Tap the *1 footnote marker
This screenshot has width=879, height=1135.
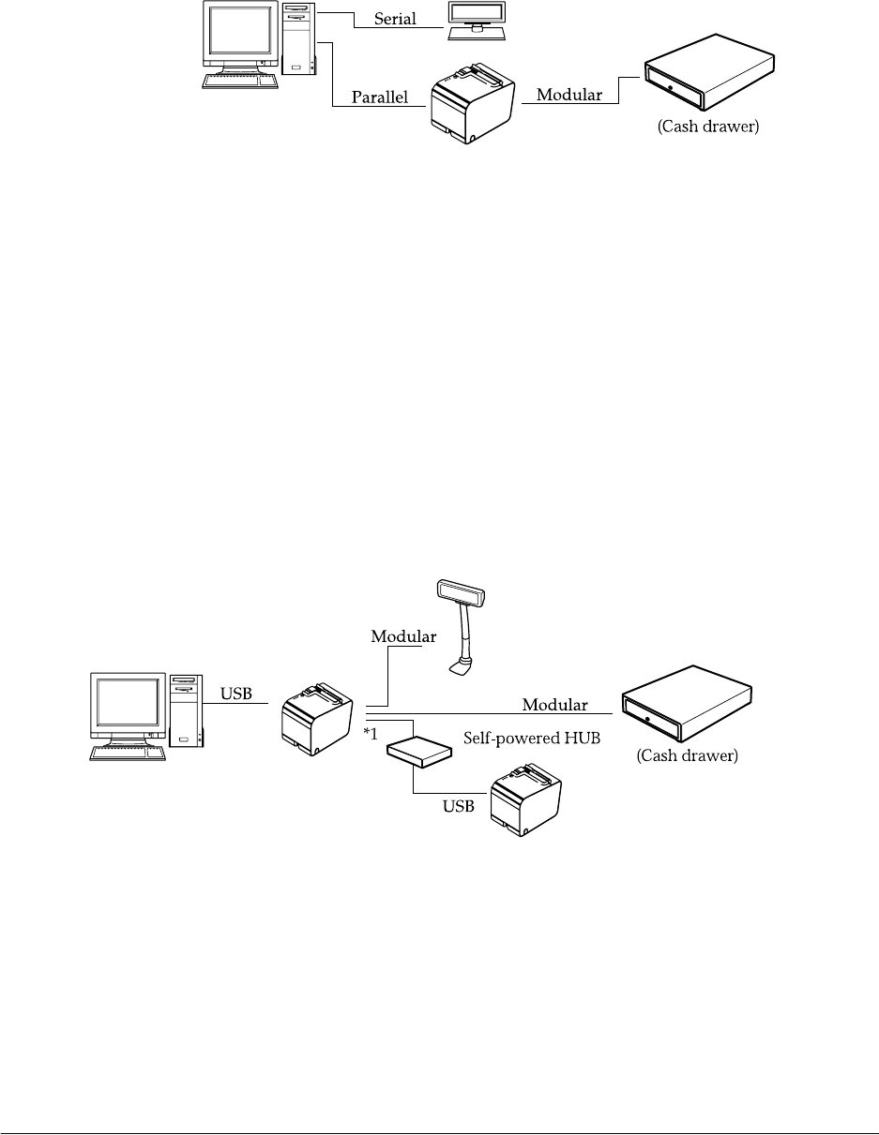click(371, 734)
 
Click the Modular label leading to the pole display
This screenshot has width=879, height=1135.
click(403, 636)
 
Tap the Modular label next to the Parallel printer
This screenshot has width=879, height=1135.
click(569, 96)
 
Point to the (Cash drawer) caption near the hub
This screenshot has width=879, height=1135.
click(688, 756)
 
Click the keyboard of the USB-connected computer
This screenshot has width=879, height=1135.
click(128, 751)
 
